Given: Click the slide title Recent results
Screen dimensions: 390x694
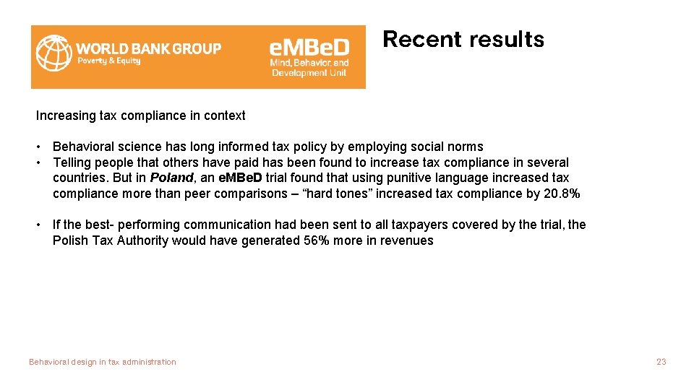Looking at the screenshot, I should [x=463, y=40].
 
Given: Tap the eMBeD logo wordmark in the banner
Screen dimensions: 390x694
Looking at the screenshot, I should [x=309, y=48].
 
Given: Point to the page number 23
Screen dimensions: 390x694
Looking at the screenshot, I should [x=661, y=362].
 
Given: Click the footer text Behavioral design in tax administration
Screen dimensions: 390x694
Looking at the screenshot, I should [x=103, y=362].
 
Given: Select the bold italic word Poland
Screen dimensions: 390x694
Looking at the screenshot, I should [x=171, y=178].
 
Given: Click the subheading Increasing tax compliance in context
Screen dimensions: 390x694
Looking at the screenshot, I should [x=141, y=116].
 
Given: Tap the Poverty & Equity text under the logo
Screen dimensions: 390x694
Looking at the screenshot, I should [x=108, y=61].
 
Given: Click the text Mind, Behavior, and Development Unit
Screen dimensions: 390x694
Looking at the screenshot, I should [x=309, y=68].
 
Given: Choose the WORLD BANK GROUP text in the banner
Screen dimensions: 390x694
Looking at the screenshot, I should [x=149, y=48].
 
